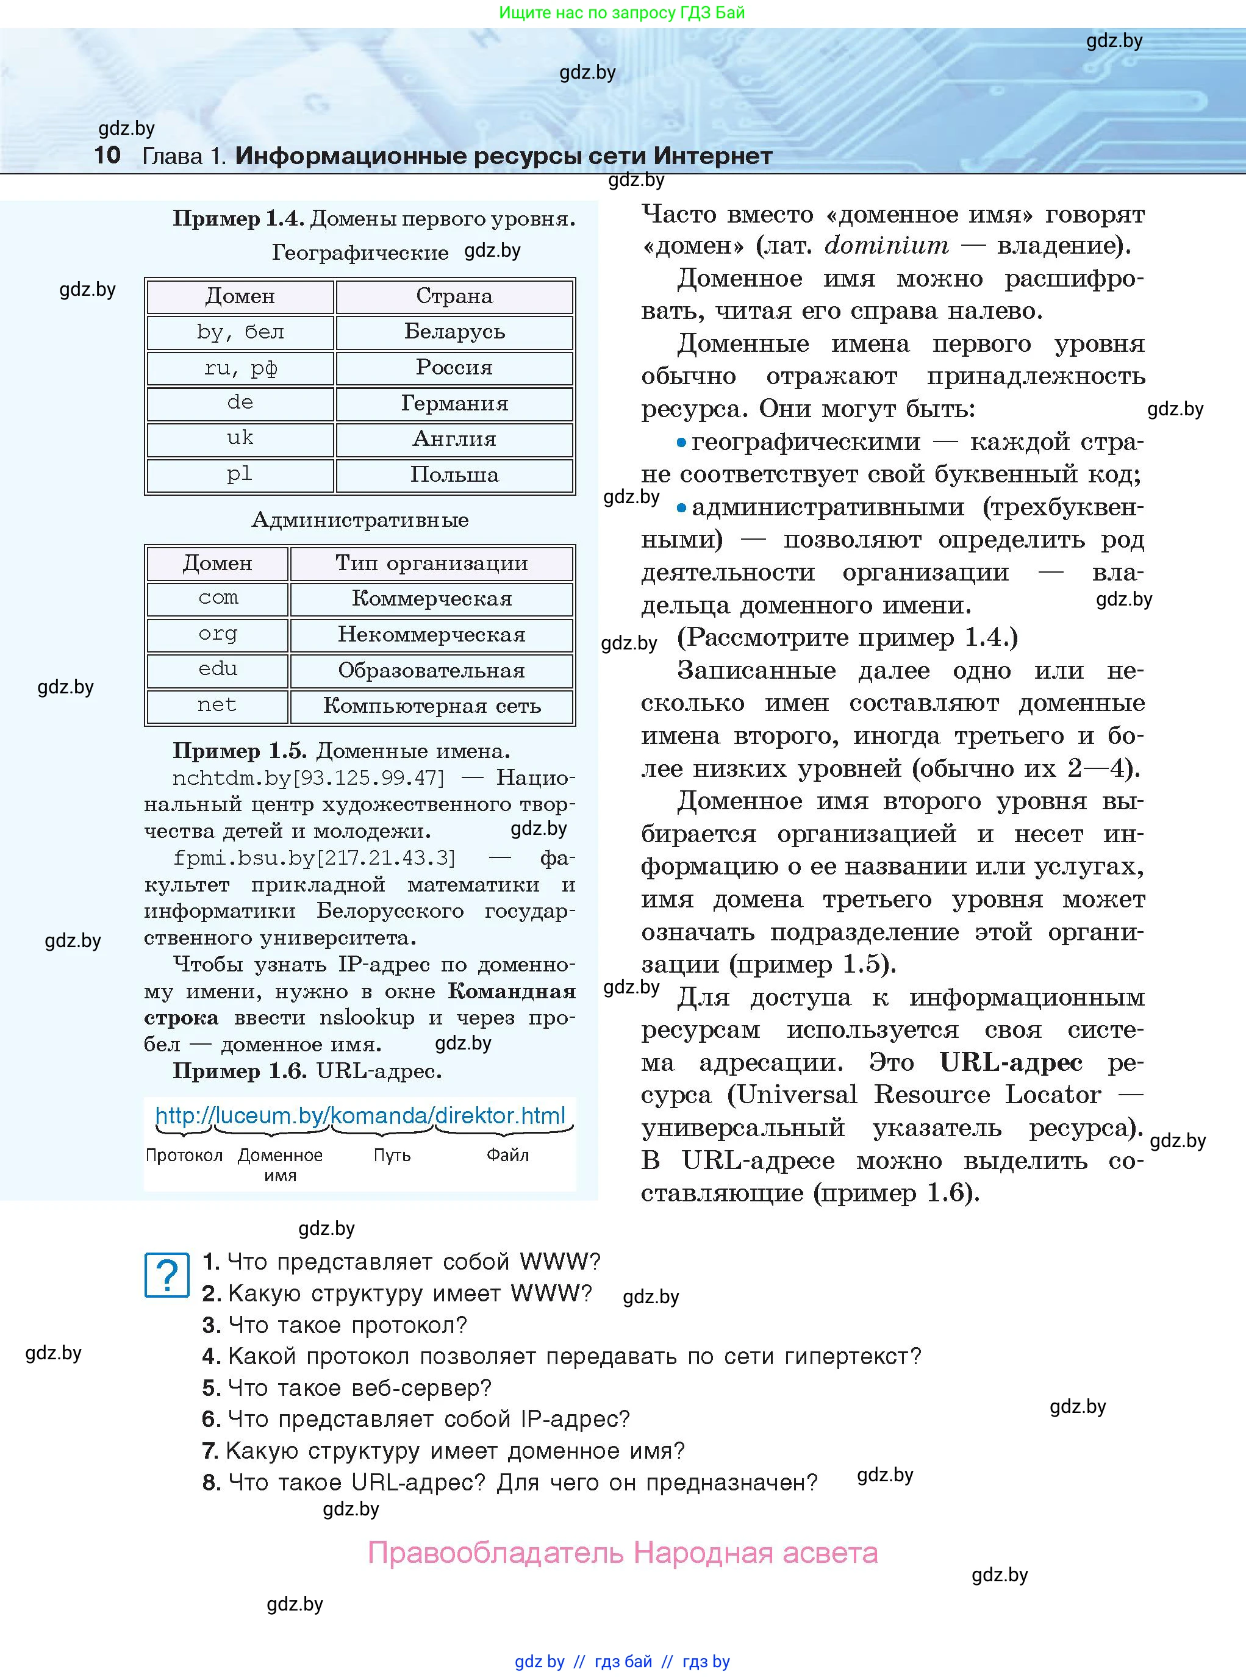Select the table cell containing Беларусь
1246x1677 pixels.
454,332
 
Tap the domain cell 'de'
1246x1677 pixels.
240,402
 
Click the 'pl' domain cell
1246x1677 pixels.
240,475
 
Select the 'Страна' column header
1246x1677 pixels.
454,296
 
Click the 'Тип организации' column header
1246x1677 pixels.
431,562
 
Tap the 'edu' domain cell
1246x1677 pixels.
217,670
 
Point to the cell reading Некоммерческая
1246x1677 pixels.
431,634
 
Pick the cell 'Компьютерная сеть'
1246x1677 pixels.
431,706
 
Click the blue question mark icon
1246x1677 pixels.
166,1275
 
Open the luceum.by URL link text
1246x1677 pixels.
360,1115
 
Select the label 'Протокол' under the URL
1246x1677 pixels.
184,1155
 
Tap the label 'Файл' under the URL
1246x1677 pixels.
507,1155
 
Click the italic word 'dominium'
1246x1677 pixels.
886,245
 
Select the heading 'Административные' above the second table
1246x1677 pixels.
360,520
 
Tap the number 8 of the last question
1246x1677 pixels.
210,1483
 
